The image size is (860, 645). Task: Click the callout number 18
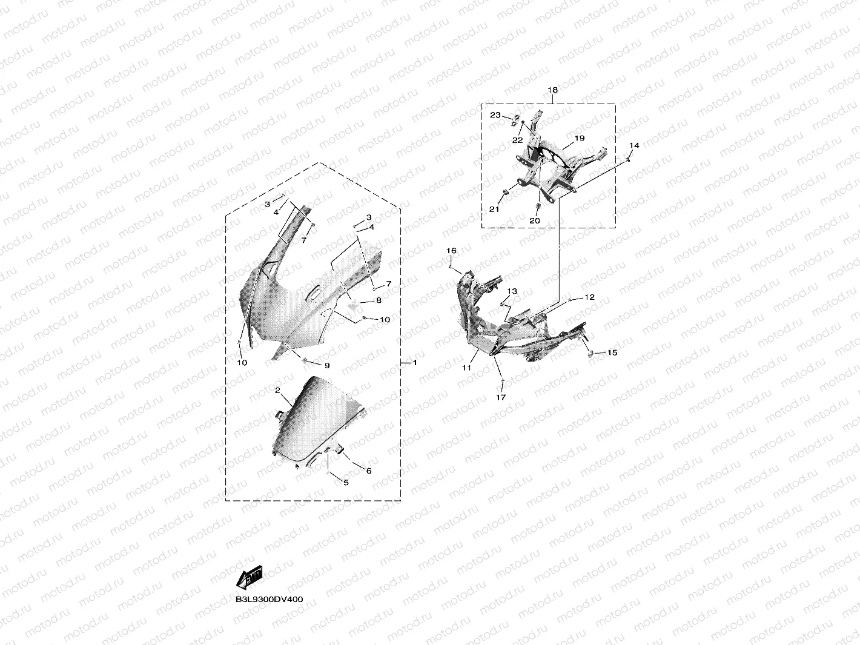[552, 90]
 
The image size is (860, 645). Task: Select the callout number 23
[495, 115]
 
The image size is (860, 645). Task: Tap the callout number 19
[580, 138]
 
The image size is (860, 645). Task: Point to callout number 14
[634, 146]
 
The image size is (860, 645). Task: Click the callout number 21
[494, 210]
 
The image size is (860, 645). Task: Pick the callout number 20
[534, 221]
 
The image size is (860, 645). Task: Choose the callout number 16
[451, 251]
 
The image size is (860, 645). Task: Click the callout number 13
[512, 291]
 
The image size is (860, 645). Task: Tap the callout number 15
[612, 353]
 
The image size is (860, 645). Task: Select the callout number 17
[501, 397]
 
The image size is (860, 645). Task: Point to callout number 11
[466, 368]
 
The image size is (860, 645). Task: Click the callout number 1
[415, 363]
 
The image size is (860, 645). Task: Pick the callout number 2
[277, 391]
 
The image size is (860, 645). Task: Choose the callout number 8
[379, 300]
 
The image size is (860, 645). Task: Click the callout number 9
[327, 366]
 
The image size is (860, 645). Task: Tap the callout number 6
[369, 471]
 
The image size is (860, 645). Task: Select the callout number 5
[346, 483]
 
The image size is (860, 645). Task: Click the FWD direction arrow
[250, 578]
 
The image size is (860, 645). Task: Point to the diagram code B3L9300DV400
[269, 599]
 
